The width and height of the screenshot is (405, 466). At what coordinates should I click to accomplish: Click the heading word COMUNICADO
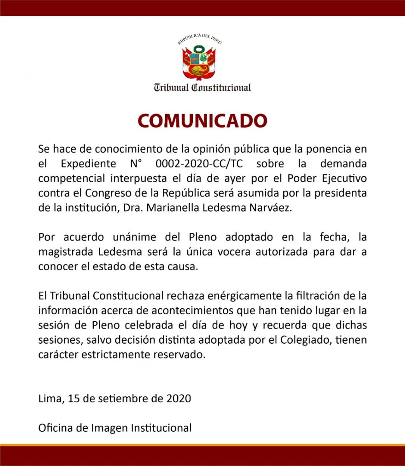[x=202, y=121]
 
